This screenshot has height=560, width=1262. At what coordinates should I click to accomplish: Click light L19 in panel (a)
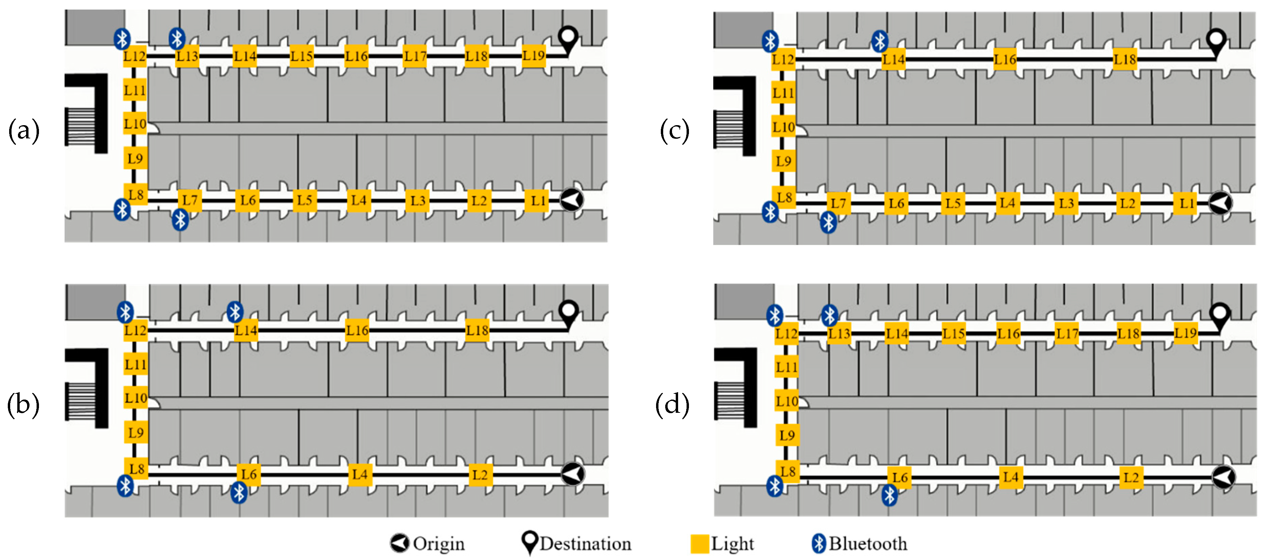pyautogui.click(x=533, y=55)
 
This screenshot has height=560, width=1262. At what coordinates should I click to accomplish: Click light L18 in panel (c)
pyautogui.click(x=1125, y=60)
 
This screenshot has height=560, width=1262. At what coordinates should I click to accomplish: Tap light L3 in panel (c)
pyautogui.click(x=1066, y=204)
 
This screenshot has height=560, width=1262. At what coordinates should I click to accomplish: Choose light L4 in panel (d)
pyautogui.click(x=1011, y=477)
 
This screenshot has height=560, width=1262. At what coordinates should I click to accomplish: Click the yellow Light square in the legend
pyautogui.click(x=699, y=544)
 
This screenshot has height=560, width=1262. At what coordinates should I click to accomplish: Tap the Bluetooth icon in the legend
pyautogui.click(x=819, y=543)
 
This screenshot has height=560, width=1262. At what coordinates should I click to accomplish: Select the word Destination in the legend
pyautogui.click(x=586, y=544)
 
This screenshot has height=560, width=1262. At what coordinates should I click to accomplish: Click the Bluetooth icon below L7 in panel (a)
pyautogui.click(x=180, y=220)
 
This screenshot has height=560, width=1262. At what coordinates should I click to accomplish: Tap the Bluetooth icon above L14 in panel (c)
pyautogui.click(x=880, y=41)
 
